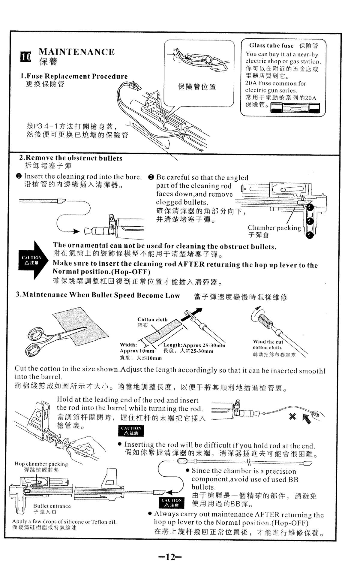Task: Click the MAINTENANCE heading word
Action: point(77,52)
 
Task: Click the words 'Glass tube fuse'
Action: point(271,46)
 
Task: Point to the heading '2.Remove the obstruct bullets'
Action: point(71,158)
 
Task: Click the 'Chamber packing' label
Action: point(274,228)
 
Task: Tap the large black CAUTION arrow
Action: point(33,260)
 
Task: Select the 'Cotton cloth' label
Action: point(152,319)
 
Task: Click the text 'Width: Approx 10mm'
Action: point(137,348)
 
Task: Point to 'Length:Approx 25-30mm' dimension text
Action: point(194,345)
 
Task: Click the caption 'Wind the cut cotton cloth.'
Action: point(268,345)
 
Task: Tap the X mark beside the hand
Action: point(292,416)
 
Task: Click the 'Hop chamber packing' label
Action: point(41,464)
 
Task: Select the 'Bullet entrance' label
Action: point(52,506)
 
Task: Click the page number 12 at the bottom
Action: point(170,548)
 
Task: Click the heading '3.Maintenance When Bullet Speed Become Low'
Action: point(98,295)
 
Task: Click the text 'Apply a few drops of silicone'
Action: point(64,522)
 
